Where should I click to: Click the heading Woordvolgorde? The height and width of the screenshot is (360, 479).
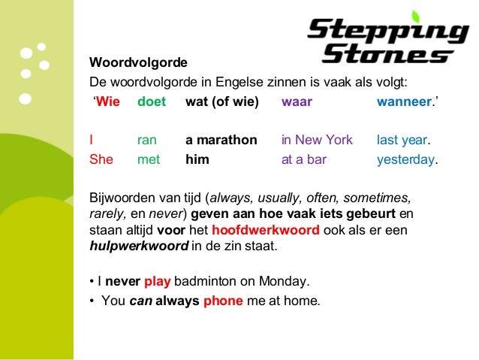click(138, 61)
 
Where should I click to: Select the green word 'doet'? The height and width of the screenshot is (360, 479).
click(152, 101)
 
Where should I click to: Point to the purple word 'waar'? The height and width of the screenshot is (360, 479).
click(297, 101)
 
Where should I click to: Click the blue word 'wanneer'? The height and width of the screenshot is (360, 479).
click(404, 101)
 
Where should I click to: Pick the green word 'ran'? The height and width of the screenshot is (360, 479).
click(148, 140)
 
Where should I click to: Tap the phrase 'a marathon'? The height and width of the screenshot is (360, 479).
click(221, 140)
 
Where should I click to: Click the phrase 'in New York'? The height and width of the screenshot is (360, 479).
click(316, 140)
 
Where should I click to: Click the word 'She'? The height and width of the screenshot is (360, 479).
click(101, 159)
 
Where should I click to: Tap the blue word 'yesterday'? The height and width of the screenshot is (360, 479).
click(405, 159)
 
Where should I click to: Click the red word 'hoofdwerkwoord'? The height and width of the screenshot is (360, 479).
click(260, 231)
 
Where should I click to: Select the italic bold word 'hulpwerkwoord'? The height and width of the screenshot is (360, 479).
click(139, 246)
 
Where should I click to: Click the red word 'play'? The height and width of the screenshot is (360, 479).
click(158, 282)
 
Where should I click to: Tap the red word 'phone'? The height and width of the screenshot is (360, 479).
click(223, 301)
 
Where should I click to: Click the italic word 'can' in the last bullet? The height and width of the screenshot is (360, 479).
click(140, 301)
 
